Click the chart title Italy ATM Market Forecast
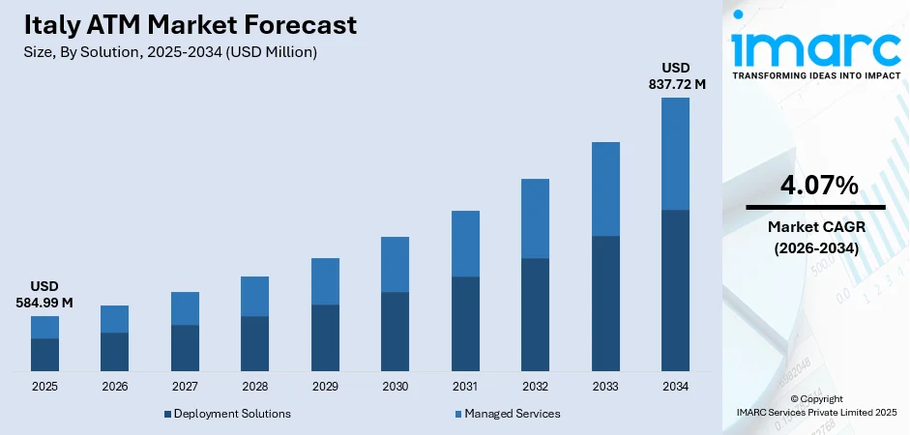[x=191, y=24]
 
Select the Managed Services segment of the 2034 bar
[x=675, y=154]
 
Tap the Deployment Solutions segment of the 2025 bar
[x=44, y=355]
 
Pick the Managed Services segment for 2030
[x=395, y=264]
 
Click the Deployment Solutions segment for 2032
[x=535, y=314]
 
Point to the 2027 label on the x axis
[x=185, y=387]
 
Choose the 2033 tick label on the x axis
[x=605, y=387]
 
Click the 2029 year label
[x=325, y=387]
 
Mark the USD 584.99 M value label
[x=45, y=296]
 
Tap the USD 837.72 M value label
[x=676, y=76]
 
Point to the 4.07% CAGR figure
[x=815, y=186]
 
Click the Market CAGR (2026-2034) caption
[x=815, y=237]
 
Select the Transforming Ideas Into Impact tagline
[x=815, y=74]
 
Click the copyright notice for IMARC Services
[x=815, y=406]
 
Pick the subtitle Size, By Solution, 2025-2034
[x=170, y=52]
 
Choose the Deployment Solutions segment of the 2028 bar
[x=254, y=343]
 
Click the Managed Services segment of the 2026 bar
[x=114, y=319]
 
